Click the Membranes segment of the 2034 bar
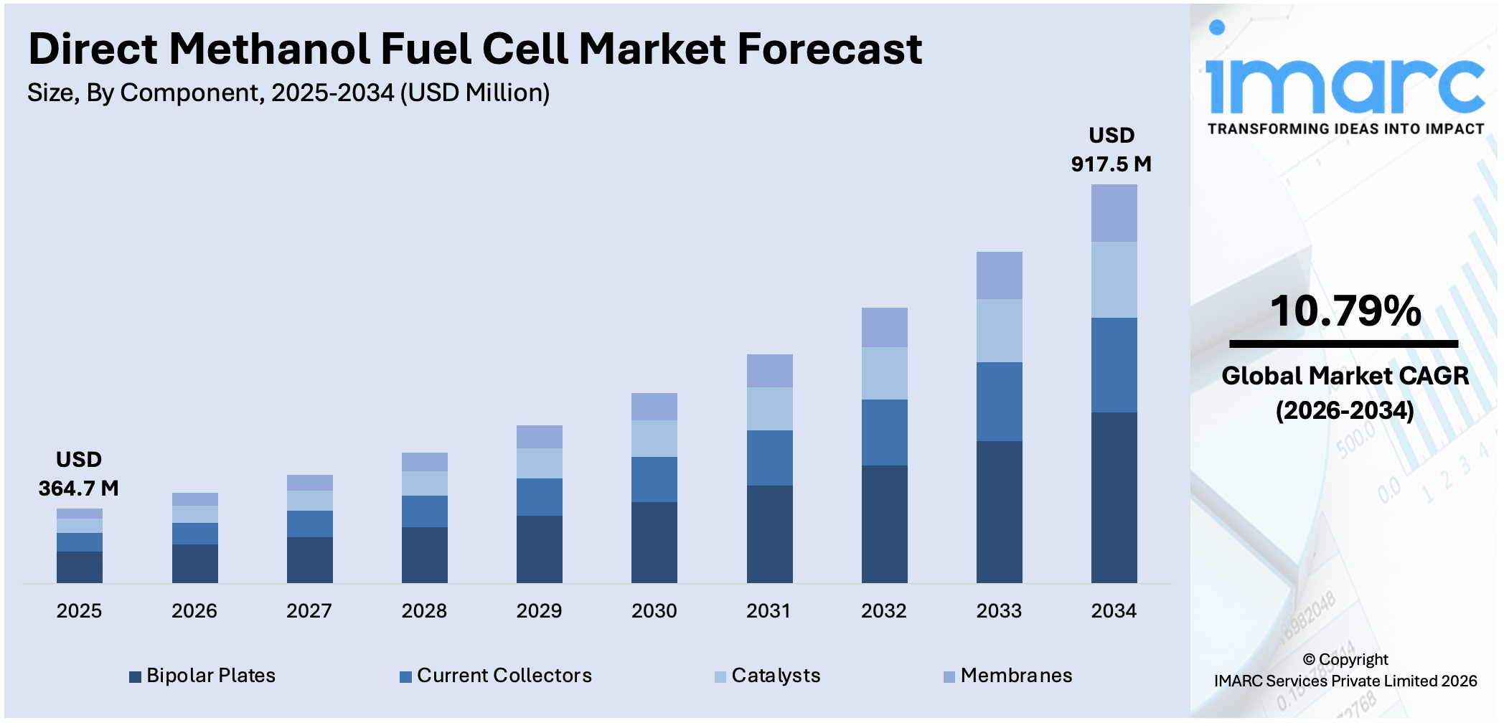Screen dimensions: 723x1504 click(x=1114, y=213)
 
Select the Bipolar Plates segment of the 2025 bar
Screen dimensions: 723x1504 click(x=80, y=567)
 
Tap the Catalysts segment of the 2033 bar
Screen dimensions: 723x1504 click(x=999, y=331)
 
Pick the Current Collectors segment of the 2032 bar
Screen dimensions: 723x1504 click(x=884, y=433)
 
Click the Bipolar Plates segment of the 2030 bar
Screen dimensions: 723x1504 click(x=654, y=542)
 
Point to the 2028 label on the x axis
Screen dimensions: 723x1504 click(x=424, y=611)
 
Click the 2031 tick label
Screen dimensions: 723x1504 click(x=769, y=611)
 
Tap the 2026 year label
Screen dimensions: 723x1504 click(x=194, y=611)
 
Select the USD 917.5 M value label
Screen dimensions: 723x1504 click(x=1111, y=150)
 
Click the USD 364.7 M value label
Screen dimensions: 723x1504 click(x=79, y=474)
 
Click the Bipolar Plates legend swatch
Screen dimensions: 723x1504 click(x=135, y=676)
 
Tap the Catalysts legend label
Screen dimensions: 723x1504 click(x=776, y=676)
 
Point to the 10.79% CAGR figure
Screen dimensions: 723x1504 click(x=1345, y=311)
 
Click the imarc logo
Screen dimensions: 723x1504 click(x=1345, y=86)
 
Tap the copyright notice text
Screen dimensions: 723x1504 click(x=1345, y=670)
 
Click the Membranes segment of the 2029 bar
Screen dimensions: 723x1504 click(x=539, y=437)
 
